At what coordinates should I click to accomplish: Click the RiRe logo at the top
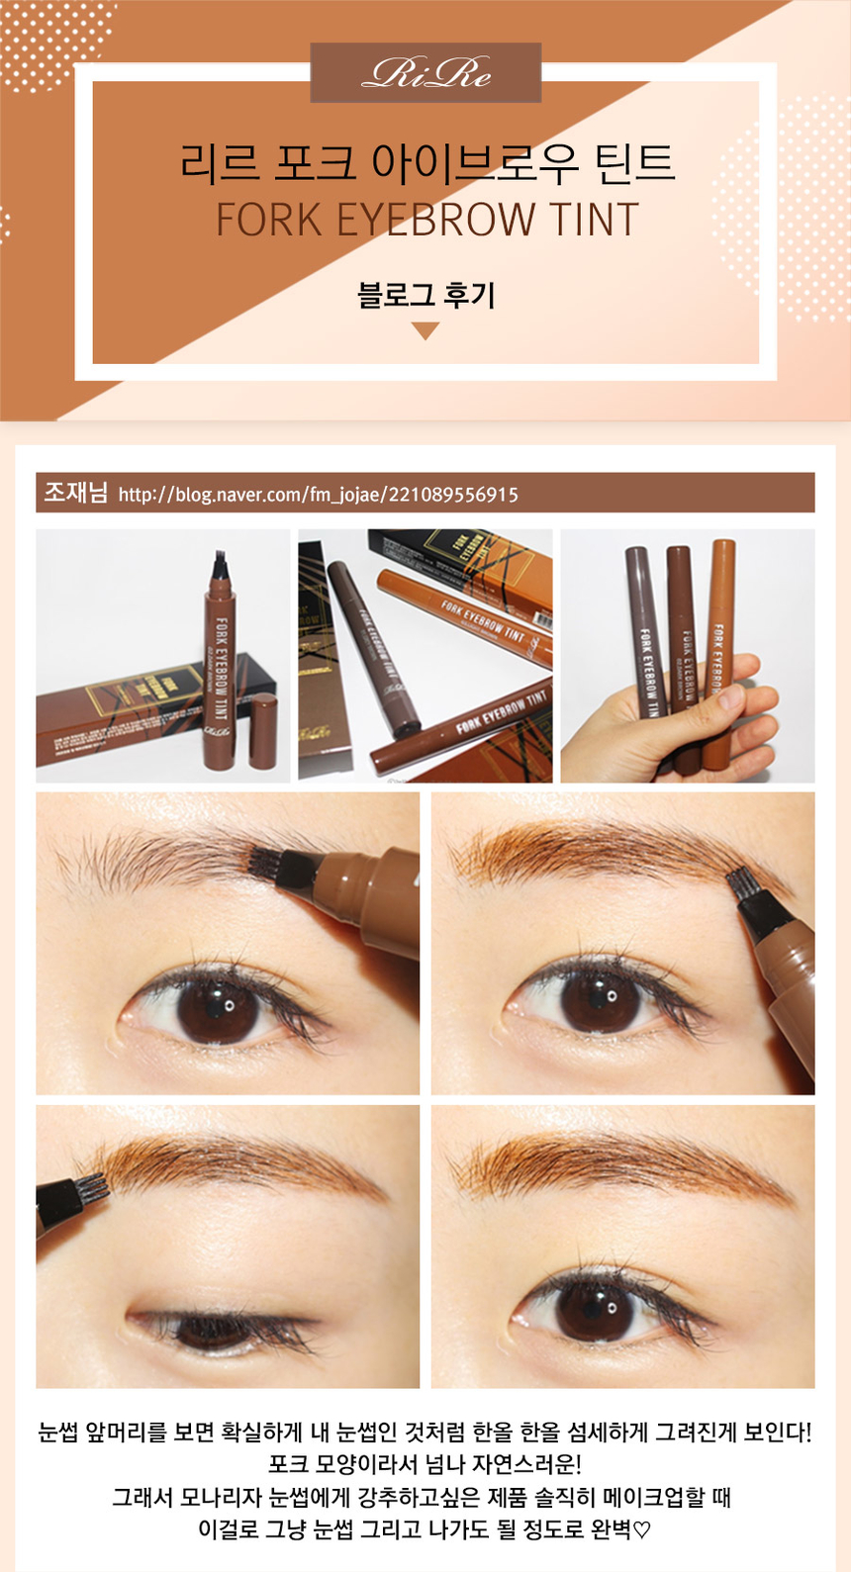pyautogui.click(x=426, y=73)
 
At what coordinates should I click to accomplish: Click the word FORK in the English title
pyautogui.click(x=268, y=220)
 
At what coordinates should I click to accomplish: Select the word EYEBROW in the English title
pyautogui.click(x=435, y=220)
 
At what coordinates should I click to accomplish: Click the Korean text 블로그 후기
pyautogui.click(x=426, y=294)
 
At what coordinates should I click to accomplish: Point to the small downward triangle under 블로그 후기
pyautogui.click(x=425, y=330)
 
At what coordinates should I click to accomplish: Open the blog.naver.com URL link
pyautogui.click(x=318, y=495)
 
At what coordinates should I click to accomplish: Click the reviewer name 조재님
pyautogui.click(x=75, y=493)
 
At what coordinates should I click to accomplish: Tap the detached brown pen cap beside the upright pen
pyautogui.click(x=263, y=730)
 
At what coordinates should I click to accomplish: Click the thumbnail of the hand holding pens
pyautogui.click(x=688, y=656)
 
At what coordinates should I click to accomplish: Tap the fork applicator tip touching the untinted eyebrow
pyautogui.click(x=267, y=863)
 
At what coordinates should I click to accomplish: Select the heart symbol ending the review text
pyautogui.click(x=642, y=1529)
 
